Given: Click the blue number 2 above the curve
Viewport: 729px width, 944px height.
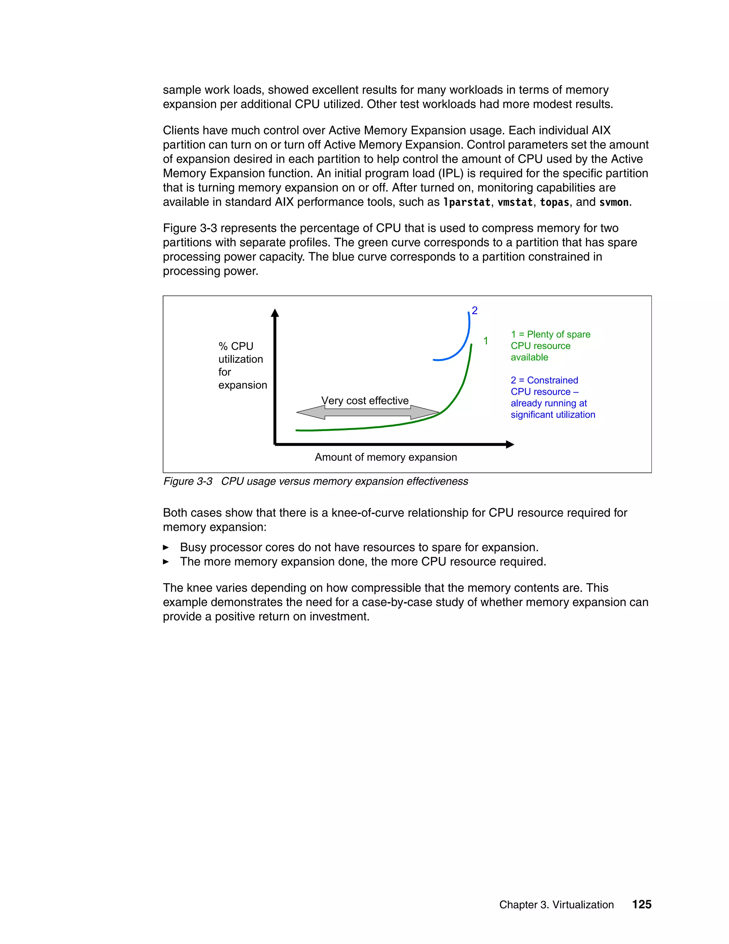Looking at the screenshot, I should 474,310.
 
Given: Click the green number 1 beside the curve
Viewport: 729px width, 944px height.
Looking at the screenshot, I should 486,341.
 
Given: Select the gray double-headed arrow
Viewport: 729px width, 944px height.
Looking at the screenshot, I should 367,413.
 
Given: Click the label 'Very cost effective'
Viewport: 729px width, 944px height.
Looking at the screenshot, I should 365,401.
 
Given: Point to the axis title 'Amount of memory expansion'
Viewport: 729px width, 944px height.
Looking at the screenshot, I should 386,457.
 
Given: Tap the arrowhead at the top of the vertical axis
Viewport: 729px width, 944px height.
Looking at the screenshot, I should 275,313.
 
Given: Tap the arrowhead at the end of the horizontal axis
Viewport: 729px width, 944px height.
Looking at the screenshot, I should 510,444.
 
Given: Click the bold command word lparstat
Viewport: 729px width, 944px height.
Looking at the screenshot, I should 466,202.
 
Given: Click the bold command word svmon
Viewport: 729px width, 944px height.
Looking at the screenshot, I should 614,202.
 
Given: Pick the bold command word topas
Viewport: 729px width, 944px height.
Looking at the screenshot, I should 554,202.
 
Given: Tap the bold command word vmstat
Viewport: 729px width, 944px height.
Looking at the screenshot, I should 515,202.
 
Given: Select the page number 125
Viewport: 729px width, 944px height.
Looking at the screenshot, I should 641,904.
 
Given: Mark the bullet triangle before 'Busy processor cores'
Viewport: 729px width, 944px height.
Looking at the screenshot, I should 166,548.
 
